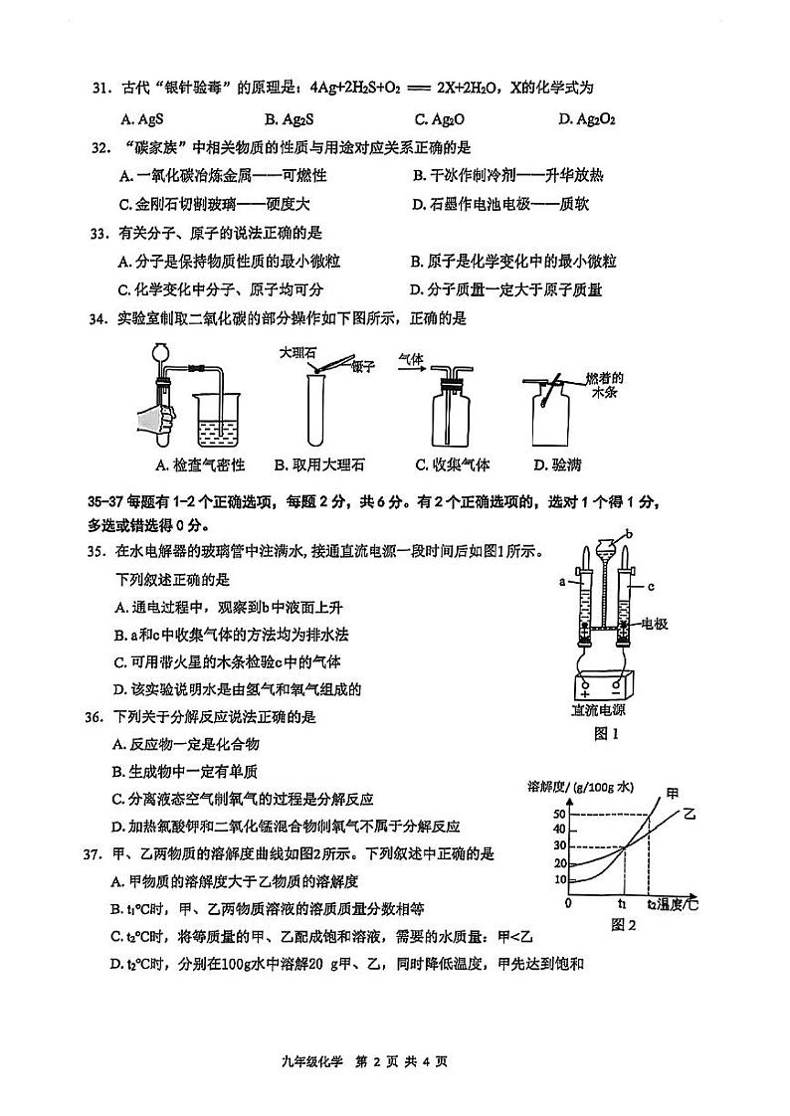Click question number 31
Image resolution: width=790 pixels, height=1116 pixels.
99,89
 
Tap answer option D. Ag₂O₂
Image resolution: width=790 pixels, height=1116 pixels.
587,119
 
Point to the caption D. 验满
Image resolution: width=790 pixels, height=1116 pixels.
555,465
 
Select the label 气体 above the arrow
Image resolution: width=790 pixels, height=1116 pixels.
411,356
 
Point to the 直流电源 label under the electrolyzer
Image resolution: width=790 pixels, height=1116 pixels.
599,710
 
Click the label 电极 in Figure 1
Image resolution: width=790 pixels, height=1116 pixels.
654,625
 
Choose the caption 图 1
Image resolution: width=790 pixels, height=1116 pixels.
606,734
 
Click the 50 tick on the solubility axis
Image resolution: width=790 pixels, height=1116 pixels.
558,815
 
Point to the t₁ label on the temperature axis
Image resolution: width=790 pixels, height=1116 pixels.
621,904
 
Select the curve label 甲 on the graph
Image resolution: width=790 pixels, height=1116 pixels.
674,793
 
